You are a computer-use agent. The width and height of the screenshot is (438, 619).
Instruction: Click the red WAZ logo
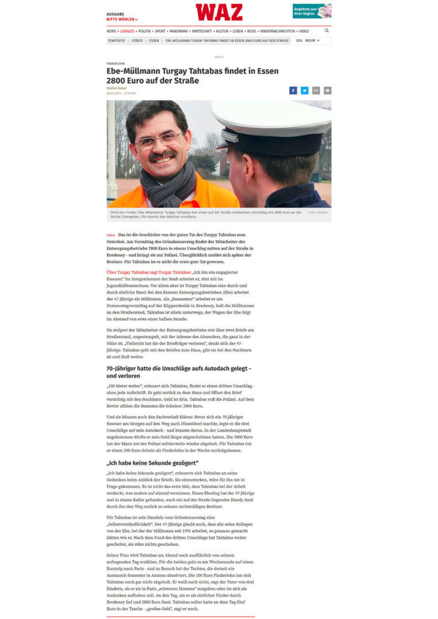pyautogui.click(x=219, y=12)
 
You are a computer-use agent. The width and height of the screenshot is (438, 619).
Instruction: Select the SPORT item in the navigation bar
pyautogui.click(x=160, y=31)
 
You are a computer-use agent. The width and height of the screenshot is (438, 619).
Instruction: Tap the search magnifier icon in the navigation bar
pyautogui.click(x=327, y=31)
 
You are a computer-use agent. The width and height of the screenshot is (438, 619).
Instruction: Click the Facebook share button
pyautogui.click(x=293, y=90)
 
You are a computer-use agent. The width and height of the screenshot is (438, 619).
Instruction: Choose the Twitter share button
pyautogui.click(x=305, y=90)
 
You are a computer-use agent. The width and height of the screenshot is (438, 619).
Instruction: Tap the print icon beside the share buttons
pyautogui.click(x=328, y=90)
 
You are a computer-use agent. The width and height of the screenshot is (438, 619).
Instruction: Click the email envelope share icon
pyautogui.click(x=316, y=90)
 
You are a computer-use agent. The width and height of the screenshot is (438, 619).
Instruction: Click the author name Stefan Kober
pyautogui.click(x=116, y=88)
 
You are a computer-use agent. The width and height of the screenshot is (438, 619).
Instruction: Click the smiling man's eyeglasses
pyautogui.click(x=159, y=140)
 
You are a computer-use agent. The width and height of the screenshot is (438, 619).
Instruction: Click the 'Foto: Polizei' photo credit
pyautogui.click(x=317, y=212)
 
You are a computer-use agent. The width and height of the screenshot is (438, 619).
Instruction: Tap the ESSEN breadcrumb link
pyautogui.click(x=154, y=41)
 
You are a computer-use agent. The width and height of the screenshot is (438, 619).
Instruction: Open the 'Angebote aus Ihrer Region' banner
pyautogui.click(x=312, y=11)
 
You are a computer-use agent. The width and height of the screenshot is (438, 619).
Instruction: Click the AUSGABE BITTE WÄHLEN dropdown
pyautogui.click(x=122, y=17)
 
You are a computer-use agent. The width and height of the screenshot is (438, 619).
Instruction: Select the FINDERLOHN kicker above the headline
pyautogui.click(x=116, y=63)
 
